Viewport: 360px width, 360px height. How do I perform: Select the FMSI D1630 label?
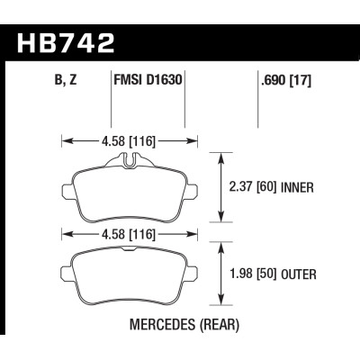[148, 79]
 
